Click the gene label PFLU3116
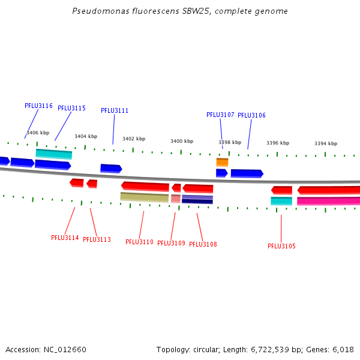pos(38,106)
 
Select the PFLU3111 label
pos(115,110)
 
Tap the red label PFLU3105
pos(282,246)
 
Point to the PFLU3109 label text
pos(171,243)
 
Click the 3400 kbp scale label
pos(182,141)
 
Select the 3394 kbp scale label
pos(326,143)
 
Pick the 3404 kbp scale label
pos(86,136)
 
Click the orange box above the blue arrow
pos(222,162)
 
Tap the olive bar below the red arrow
pos(145,197)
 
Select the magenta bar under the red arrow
pos(328,201)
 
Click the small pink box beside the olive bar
pos(176,199)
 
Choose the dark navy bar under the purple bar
pos(197,202)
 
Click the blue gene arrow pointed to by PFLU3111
pos(112,169)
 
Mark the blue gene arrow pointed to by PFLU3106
pos(247,173)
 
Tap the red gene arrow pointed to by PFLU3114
pos(77,183)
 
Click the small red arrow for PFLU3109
pos(176,188)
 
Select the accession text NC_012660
pos(65,350)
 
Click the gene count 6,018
pos(343,350)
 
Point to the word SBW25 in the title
pos(197,11)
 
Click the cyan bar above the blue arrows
pos(54,154)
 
